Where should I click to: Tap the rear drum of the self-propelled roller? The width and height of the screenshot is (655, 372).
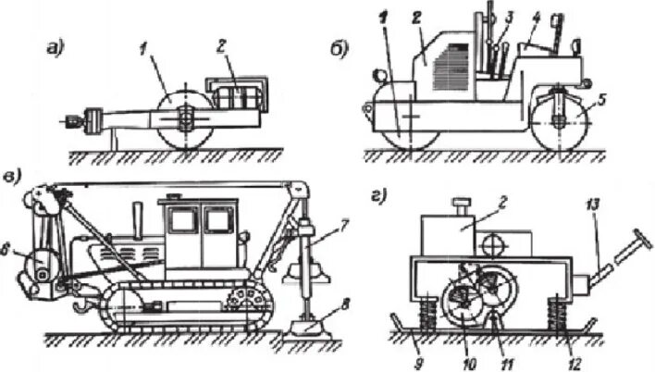[x=561, y=121]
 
